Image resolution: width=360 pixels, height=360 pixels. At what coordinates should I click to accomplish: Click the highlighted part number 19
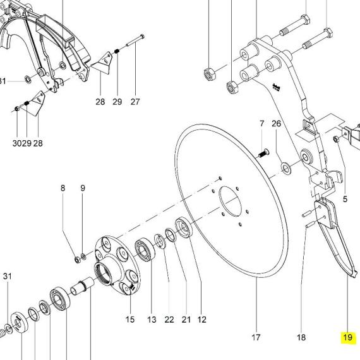[x=347, y=337]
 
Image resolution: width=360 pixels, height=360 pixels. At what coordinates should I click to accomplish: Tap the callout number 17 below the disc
[x=256, y=337]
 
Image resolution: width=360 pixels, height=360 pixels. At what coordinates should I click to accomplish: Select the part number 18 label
[x=301, y=337]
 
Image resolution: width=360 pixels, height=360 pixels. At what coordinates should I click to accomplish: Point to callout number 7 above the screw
[x=262, y=124]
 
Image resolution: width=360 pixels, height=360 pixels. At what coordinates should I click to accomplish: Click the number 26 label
[x=276, y=124]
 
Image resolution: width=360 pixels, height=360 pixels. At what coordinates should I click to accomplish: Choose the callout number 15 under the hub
[x=130, y=320]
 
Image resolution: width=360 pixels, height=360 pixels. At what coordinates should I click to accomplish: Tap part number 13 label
[x=152, y=320]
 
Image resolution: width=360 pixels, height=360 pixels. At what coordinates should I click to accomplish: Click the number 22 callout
[x=169, y=320]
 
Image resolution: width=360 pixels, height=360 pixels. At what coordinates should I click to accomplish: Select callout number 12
[x=202, y=320]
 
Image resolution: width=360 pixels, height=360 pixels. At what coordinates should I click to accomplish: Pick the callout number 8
[x=63, y=188]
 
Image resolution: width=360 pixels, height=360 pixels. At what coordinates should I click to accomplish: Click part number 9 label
[x=83, y=188]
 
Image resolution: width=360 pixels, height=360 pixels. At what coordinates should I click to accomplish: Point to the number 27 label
[x=135, y=102]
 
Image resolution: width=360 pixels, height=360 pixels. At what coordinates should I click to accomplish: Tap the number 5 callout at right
[x=345, y=199]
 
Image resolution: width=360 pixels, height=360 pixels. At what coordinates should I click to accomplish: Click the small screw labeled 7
[x=264, y=153]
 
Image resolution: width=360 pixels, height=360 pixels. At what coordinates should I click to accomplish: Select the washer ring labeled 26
[x=286, y=168]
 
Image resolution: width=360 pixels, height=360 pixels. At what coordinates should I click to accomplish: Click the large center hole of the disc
[x=231, y=201]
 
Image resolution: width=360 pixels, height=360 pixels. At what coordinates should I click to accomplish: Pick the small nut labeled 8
[x=78, y=260]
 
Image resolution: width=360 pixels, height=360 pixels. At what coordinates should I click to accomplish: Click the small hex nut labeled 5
[x=336, y=139]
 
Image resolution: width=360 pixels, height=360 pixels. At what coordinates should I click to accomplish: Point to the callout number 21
[x=186, y=320]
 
